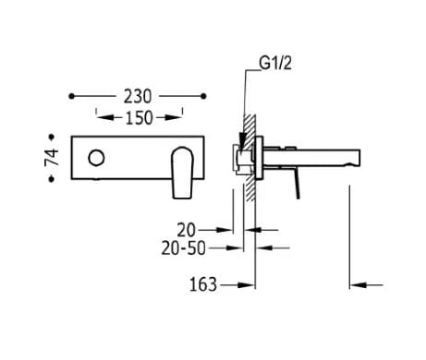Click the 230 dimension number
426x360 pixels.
(x=137, y=96)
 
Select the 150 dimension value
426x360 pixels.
(x=139, y=117)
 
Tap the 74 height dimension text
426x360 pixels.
(x=53, y=156)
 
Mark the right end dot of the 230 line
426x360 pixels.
(x=203, y=96)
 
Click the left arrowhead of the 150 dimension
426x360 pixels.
(x=101, y=117)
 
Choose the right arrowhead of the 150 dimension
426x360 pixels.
(x=177, y=117)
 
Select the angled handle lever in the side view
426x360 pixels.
(x=298, y=181)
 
